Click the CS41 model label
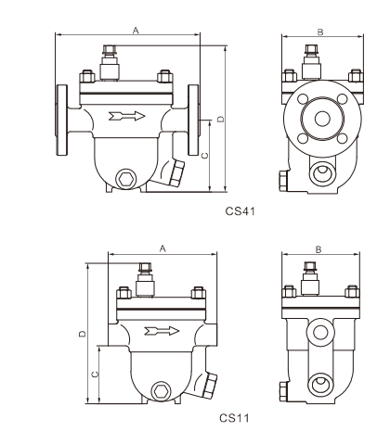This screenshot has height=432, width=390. pyautogui.click(x=240, y=211)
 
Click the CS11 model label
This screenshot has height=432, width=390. pyautogui.click(x=234, y=418)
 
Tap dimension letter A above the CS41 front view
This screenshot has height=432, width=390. pyautogui.click(x=136, y=31)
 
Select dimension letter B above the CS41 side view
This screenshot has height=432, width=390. pyautogui.click(x=320, y=32)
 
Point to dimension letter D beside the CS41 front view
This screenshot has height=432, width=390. pyautogui.click(x=220, y=119)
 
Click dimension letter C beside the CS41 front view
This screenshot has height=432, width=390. pyautogui.click(x=205, y=156)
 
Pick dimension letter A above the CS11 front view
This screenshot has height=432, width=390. pyautogui.click(x=162, y=248)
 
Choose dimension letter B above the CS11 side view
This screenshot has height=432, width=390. pyautogui.click(x=318, y=249)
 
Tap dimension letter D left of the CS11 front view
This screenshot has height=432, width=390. pyautogui.click(x=83, y=334)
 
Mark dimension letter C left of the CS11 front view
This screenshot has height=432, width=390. pyautogui.click(x=95, y=375)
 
